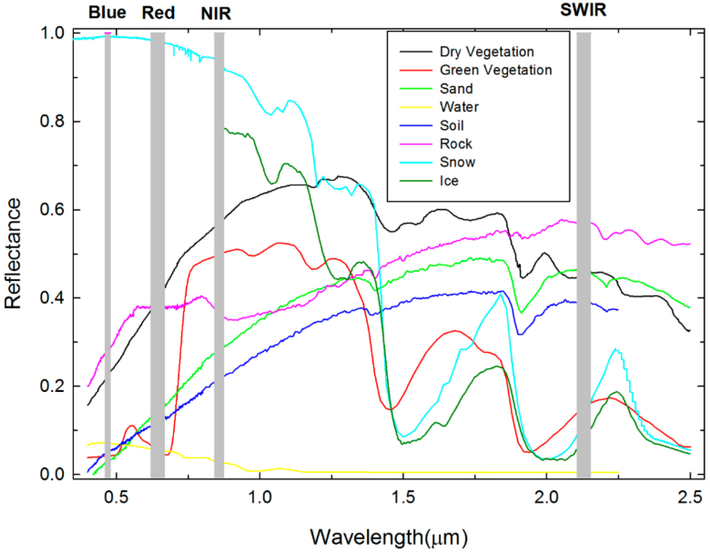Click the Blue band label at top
pyautogui.click(x=107, y=13)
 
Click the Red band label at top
pyautogui.click(x=158, y=13)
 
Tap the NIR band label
pyautogui.click(x=216, y=14)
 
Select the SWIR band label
pyautogui.click(x=583, y=10)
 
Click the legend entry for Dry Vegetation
pyautogui.click(x=487, y=52)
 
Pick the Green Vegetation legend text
pyautogui.click(x=496, y=70)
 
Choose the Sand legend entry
pyautogui.click(x=456, y=89)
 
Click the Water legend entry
pyautogui.click(x=459, y=107)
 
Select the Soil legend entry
pyautogui.click(x=452, y=125)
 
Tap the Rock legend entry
pyautogui.click(x=456, y=143)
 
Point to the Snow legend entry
pyautogui.click(x=457, y=162)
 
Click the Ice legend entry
pyautogui.click(x=449, y=181)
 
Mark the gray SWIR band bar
pyautogui.click(x=584, y=254)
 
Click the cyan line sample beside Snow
pyautogui.click(x=416, y=162)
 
